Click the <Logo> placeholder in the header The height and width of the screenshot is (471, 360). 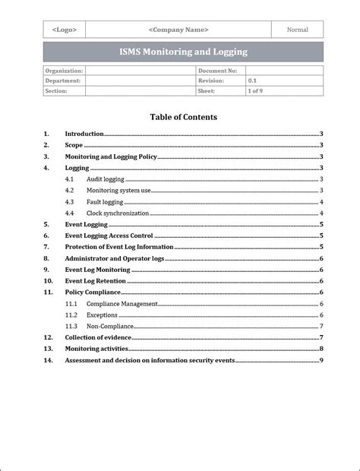64,30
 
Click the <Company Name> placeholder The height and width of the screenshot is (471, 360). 178,30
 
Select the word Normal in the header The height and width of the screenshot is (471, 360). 298,30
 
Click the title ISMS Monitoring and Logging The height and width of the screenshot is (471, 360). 183,52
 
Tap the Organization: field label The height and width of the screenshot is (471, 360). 64,70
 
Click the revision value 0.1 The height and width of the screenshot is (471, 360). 252,80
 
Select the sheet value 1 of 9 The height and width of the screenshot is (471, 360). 255,90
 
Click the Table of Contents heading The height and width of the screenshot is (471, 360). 183,117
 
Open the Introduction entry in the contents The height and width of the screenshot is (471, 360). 84,133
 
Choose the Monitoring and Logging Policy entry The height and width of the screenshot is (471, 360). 110,156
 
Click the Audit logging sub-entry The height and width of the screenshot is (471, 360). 105,179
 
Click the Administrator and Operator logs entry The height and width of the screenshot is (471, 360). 114,258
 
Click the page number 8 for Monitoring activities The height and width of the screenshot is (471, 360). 322,349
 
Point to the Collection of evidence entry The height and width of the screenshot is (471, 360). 98,337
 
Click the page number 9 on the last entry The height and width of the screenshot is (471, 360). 322,360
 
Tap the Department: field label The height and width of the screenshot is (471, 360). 62,80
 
